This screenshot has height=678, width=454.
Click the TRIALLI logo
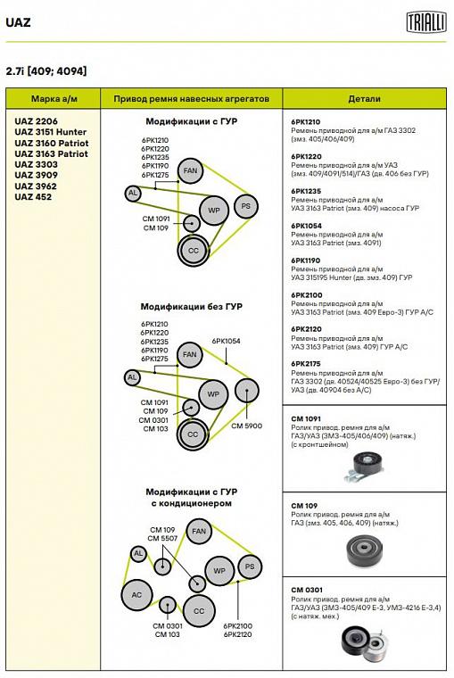point(425,22)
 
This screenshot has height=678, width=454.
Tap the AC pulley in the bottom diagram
point(136,595)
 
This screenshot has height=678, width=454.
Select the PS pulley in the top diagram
point(245,206)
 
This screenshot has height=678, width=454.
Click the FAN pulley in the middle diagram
point(189,354)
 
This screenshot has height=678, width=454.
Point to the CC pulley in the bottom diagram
point(199,611)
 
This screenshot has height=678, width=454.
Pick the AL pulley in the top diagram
point(133,193)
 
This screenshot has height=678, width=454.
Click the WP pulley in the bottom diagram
point(219,571)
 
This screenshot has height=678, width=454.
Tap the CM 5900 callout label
point(246,426)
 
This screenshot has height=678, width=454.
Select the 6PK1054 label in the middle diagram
point(227,341)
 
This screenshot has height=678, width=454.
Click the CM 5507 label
point(162,538)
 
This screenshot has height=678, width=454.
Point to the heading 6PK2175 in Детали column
point(306,364)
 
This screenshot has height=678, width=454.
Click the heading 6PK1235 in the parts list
point(306,191)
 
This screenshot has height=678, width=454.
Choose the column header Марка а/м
point(54,99)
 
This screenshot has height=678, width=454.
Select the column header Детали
point(364,99)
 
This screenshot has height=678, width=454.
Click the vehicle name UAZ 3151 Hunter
point(51,132)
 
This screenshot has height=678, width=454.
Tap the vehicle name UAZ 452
point(33,197)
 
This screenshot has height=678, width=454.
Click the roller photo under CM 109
point(365,551)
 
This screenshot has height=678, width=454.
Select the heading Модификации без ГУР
point(192,307)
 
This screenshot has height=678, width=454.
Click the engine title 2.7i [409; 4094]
point(46,70)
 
